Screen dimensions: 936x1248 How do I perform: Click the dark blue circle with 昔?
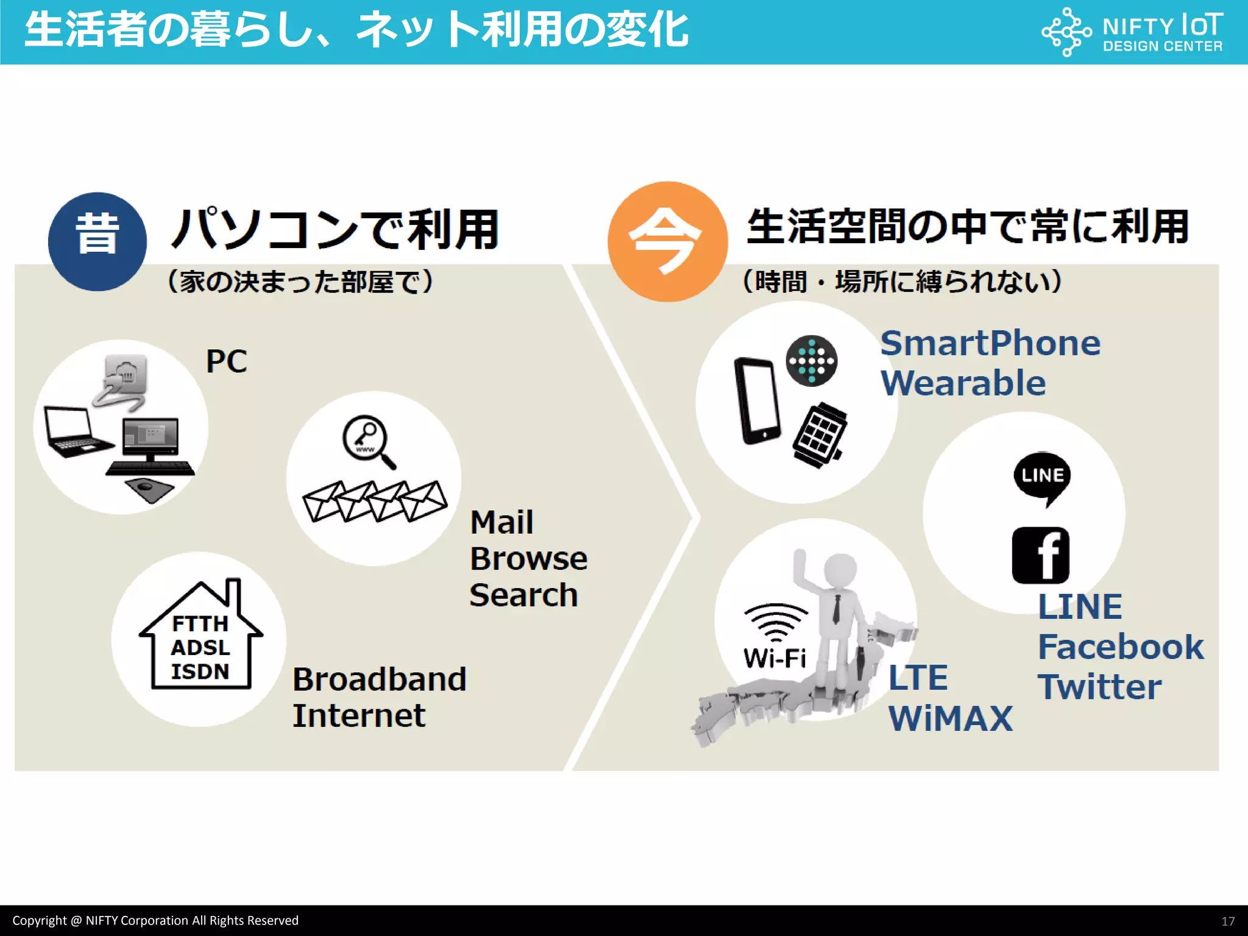click(97, 241)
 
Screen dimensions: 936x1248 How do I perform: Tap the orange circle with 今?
click(667, 241)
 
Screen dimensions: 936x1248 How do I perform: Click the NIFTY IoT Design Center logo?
click(1132, 32)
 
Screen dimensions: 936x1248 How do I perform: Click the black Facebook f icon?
click(1040, 555)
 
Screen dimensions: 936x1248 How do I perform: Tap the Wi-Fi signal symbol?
click(775, 623)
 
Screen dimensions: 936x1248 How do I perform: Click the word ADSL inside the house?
click(200, 647)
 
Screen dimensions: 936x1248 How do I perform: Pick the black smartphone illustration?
click(757, 400)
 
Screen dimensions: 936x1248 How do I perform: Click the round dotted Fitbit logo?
click(811, 361)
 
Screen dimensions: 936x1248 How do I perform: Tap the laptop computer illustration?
click(76, 431)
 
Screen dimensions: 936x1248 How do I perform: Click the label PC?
click(227, 361)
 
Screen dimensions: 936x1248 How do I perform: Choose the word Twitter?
click(1100, 687)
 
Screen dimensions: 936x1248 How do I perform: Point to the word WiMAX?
click(950, 718)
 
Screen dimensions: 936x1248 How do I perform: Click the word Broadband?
click(379, 679)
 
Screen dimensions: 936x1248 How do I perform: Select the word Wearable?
click(963, 383)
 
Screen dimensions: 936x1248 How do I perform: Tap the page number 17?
click(1227, 921)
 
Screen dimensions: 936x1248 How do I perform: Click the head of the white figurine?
click(840, 570)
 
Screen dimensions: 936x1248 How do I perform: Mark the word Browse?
click(528, 559)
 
